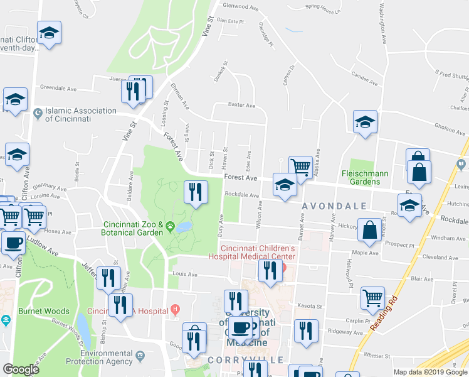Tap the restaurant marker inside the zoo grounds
coord(196,192)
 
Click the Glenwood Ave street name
coord(241,7)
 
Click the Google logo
coord(21,369)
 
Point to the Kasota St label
coord(308,306)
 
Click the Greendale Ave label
coord(58,89)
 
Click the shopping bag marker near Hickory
coord(370,229)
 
